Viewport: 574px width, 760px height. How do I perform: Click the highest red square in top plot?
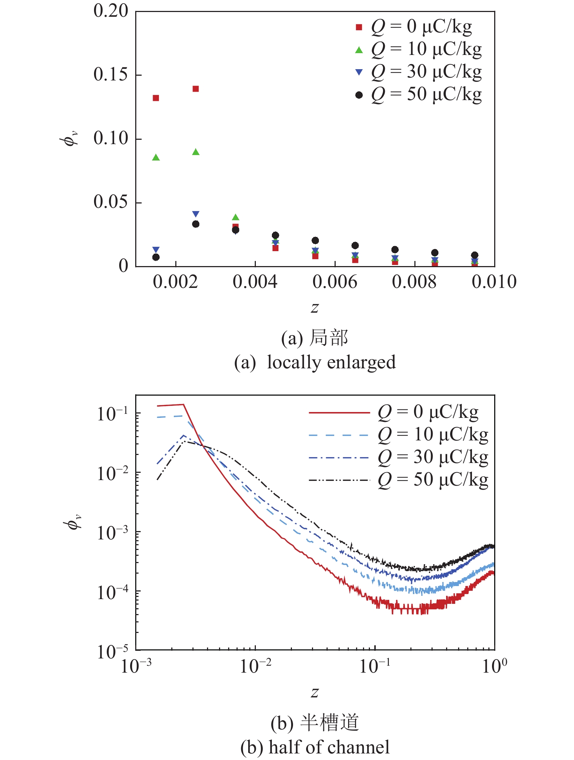coord(196,89)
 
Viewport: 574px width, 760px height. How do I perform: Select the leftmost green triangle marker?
coord(156,158)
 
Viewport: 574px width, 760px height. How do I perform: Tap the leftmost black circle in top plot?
coord(156,257)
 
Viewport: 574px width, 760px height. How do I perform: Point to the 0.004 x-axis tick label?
coord(255,282)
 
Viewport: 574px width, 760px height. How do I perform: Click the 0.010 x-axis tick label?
coord(494,282)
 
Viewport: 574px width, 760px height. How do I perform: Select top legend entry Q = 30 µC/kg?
coord(426,72)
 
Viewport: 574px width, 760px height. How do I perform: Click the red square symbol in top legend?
coord(359,27)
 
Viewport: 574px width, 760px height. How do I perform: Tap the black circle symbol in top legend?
coord(359,95)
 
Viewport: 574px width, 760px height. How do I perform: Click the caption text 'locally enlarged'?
coord(331,363)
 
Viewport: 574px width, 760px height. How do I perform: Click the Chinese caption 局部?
coord(329,338)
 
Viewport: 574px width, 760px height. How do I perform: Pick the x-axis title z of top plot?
coord(315,308)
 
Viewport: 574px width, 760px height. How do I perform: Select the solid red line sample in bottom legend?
coord(339,413)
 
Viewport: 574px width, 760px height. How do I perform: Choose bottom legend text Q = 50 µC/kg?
coord(433,480)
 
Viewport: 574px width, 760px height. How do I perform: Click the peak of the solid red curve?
coord(183,404)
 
